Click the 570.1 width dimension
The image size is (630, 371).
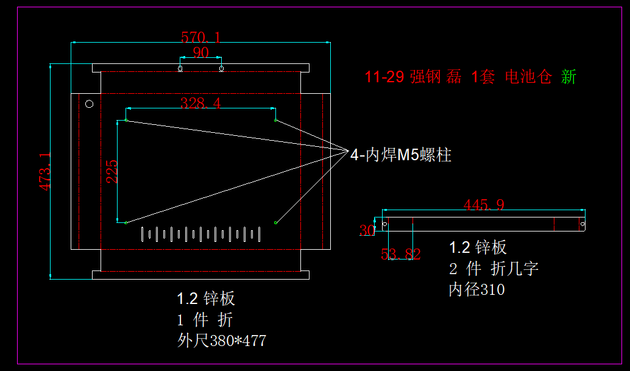(200, 37)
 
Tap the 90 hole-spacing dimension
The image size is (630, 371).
(200, 52)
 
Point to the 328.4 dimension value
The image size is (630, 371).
(200, 103)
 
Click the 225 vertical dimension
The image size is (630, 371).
(111, 172)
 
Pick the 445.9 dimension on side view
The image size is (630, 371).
(484, 205)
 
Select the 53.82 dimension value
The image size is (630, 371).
(400, 254)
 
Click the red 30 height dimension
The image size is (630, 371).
(367, 230)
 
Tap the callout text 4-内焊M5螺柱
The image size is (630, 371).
(400, 155)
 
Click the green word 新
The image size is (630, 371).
(568, 77)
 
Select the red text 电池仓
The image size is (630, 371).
(528, 77)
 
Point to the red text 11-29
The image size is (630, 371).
(384, 77)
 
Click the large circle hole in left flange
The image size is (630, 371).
(89, 104)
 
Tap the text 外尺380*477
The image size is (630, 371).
(221, 340)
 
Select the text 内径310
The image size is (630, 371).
(476, 289)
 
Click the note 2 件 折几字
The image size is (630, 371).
(494, 268)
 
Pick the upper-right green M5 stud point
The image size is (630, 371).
(276, 121)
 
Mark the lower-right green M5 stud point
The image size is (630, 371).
(276, 223)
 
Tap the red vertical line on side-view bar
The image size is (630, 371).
(578, 224)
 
